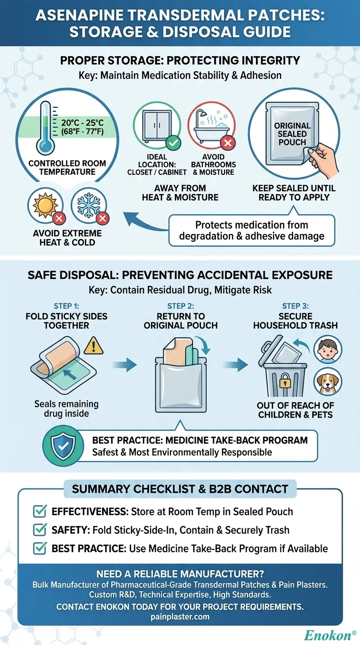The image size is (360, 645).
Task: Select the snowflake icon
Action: point(88,205)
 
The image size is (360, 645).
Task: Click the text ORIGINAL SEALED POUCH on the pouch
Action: point(292,134)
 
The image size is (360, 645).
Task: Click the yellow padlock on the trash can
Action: point(285,383)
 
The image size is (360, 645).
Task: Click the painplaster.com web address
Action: point(180,617)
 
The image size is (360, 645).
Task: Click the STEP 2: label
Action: point(180,307)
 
